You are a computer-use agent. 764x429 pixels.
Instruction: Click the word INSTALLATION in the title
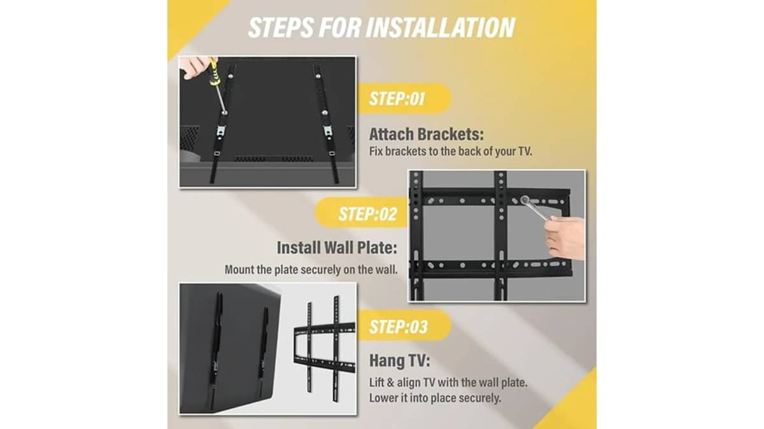441,27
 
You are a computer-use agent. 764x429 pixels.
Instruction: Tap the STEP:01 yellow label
404,99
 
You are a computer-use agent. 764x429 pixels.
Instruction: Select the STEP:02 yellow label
362,214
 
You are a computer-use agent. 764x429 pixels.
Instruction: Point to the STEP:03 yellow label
404,327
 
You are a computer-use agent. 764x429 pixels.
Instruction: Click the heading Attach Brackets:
427,134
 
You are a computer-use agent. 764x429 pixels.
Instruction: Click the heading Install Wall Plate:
337,248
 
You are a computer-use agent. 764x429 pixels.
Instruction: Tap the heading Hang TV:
400,360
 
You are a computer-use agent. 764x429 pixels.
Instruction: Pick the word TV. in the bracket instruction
525,151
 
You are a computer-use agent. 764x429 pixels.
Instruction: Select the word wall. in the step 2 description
387,270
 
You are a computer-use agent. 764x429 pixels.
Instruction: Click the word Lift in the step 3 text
376,383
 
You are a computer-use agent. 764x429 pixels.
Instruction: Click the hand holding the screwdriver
194,67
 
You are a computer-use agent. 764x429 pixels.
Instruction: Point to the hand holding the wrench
565,237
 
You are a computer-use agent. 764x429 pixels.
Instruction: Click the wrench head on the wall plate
525,199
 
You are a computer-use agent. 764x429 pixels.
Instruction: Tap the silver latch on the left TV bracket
221,131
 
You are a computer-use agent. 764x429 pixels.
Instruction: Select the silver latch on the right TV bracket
328,131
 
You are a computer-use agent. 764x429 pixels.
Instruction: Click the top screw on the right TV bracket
318,76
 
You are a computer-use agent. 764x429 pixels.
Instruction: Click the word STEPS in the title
281,27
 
